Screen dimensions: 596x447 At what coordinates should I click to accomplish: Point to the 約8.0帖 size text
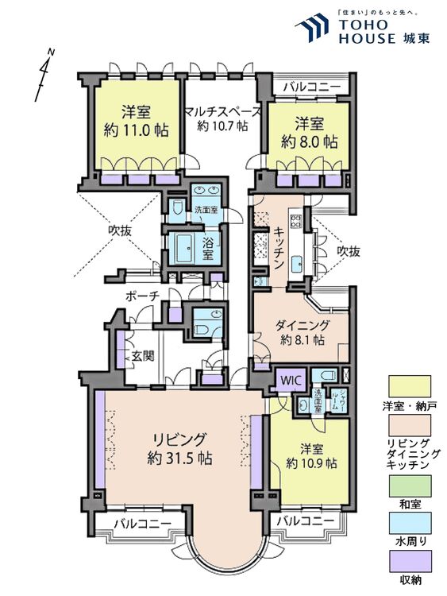(310, 142)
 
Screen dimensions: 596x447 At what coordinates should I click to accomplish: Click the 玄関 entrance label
(143, 355)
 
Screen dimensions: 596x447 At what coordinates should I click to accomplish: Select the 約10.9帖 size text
(311, 462)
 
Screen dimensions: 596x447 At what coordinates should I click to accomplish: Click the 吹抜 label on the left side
(121, 232)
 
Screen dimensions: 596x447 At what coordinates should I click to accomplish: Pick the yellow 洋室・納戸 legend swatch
(408, 386)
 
